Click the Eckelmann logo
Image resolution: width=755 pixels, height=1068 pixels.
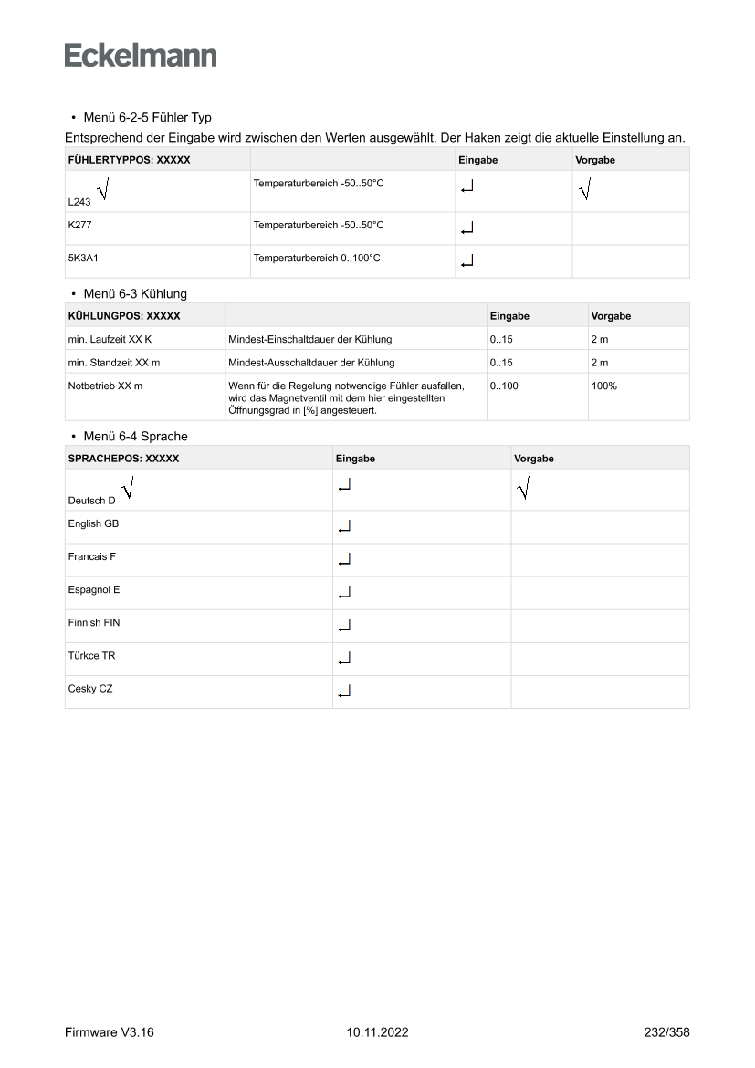tap(141, 56)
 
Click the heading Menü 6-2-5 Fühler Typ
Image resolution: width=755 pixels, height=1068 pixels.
tap(147, 118)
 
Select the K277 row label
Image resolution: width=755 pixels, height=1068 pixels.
tap(80, 225)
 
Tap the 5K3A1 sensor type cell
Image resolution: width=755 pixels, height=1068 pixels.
tap(83, 259)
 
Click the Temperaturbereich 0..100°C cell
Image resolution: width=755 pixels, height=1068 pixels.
tap(317, 259)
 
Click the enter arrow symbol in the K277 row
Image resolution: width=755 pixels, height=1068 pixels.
tap(467, 227)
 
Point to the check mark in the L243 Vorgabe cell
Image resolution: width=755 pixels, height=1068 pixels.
tap(584, 190)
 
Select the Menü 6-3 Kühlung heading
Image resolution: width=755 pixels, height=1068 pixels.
tap(134, 293)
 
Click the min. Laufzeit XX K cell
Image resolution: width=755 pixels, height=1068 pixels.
tap(109, 339)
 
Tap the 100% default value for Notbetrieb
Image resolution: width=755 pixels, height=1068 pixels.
tap(603, 386)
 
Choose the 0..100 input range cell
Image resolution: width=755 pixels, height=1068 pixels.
tap(504, 386)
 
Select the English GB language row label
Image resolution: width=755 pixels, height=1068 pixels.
tap(93, 524)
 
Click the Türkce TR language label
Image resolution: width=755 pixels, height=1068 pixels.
tap(91, 656)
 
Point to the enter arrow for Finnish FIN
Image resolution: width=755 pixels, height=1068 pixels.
tap(343, 626)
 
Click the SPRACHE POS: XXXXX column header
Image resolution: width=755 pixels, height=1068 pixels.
tap(123, 459)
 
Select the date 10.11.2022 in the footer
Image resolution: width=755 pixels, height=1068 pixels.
tap(378, 1032)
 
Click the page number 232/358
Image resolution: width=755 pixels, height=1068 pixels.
tap(666, 1032)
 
